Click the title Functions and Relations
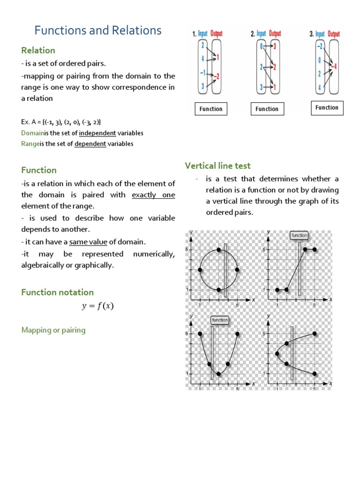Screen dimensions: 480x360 pyautogui.click(x=98, y=30)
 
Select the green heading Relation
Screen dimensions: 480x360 pyautogui.click(x=38, y=50)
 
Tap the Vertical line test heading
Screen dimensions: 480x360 pyautogui.click(x=217, y=165)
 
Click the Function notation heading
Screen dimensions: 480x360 pyautogui.click(x=57, y=292)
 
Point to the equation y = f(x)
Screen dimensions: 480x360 pyautogui.click(x=98, y=307)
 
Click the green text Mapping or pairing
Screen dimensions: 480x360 pyautogui.click(x=53, y=330)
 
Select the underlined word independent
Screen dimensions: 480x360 pyautogui.click(x=97, y=133)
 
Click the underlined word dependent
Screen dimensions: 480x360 pyautogui.click(x=90, y=144)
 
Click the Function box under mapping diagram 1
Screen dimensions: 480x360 pyautogui.click(x=211, y=109)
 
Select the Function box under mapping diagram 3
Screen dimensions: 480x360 pyautogui.click(x=327, y=107)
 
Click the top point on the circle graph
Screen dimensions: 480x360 pyautogui.click(x=218, y=249)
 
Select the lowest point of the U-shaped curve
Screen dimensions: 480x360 pyautogui.click(x=218, y=374)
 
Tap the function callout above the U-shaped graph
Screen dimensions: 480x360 pyautogui.click(x=219, y=320)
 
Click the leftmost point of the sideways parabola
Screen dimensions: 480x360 pyautogui.click(x=277, y=354)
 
